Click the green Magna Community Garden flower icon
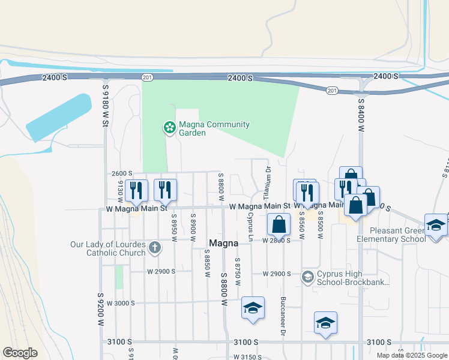[169, 127]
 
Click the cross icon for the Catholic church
[154, 248]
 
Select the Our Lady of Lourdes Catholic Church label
[107, 248]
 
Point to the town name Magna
[224, 244]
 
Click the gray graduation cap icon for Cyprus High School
[307, 277]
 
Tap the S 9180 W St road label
[105, 104]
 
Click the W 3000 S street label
[121, 304]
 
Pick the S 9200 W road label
[100, 309]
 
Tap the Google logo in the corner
[20, 353]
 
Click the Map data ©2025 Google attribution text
[411, 355]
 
